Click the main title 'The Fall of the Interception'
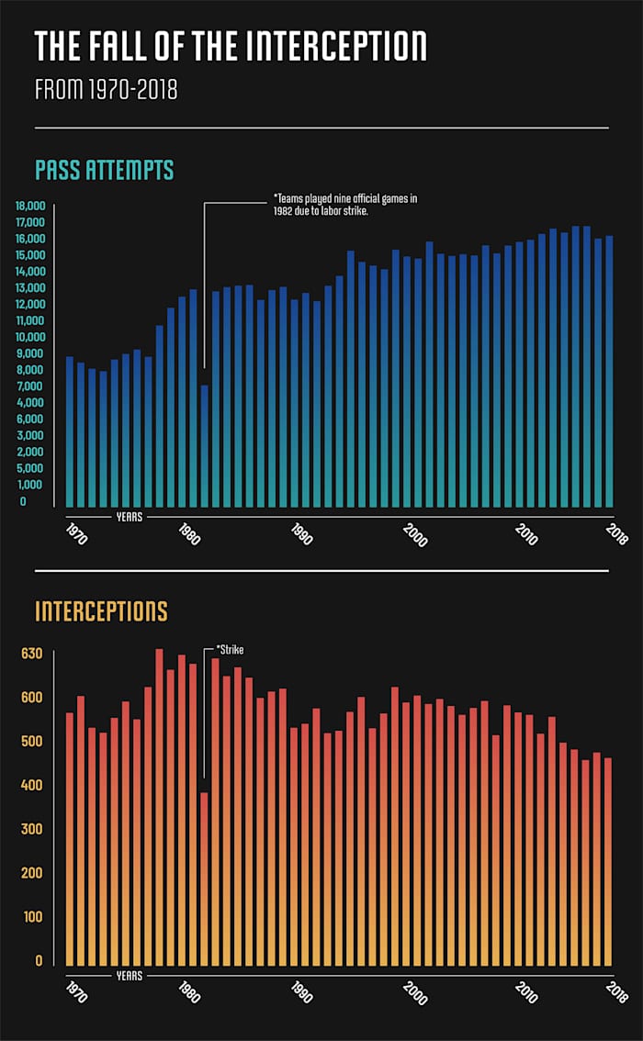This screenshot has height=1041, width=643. (x=231, y=46)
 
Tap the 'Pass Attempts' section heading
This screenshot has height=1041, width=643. (x=104, y=170)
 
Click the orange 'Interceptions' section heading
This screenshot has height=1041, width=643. (x=101, y=611)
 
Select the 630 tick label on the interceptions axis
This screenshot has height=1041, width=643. (x=32, y=654)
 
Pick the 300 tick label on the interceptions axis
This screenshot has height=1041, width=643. (x=32, y=829)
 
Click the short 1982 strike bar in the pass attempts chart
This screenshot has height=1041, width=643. (x=204, y=446)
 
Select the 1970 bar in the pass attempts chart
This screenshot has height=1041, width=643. (x=70, y=431)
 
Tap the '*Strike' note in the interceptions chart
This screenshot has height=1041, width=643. (x=230, y=650)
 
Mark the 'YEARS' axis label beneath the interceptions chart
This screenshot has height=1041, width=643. (x=129, y=976)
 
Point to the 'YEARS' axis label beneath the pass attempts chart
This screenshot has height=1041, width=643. (x=129, y=517)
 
